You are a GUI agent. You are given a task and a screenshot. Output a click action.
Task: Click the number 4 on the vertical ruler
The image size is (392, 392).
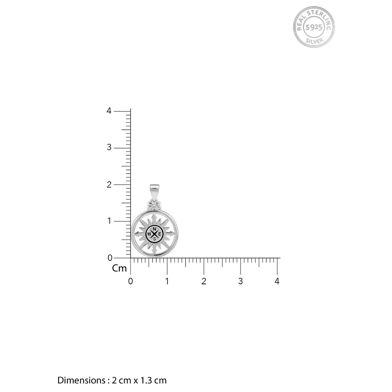(x=109, y=111)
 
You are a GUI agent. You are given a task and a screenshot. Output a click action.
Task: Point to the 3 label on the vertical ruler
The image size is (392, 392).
(x=109, y=147)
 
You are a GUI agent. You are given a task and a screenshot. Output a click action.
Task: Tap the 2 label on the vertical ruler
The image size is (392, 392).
(x=109, y=185)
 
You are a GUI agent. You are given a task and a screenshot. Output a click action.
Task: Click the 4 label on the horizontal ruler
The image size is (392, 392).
(x=277, y=281)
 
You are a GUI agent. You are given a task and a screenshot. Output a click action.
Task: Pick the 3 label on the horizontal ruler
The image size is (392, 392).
(x=240, y=281)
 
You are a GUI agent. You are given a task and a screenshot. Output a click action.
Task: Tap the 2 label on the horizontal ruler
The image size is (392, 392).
(x=204, y=281)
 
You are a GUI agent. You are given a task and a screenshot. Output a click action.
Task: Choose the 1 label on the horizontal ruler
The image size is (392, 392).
(x=167, y=281)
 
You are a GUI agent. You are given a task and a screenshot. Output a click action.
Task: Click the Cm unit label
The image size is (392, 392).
(x=120, y=269)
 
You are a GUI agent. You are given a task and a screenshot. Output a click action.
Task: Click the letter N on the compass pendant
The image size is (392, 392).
(x=154, y=229)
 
